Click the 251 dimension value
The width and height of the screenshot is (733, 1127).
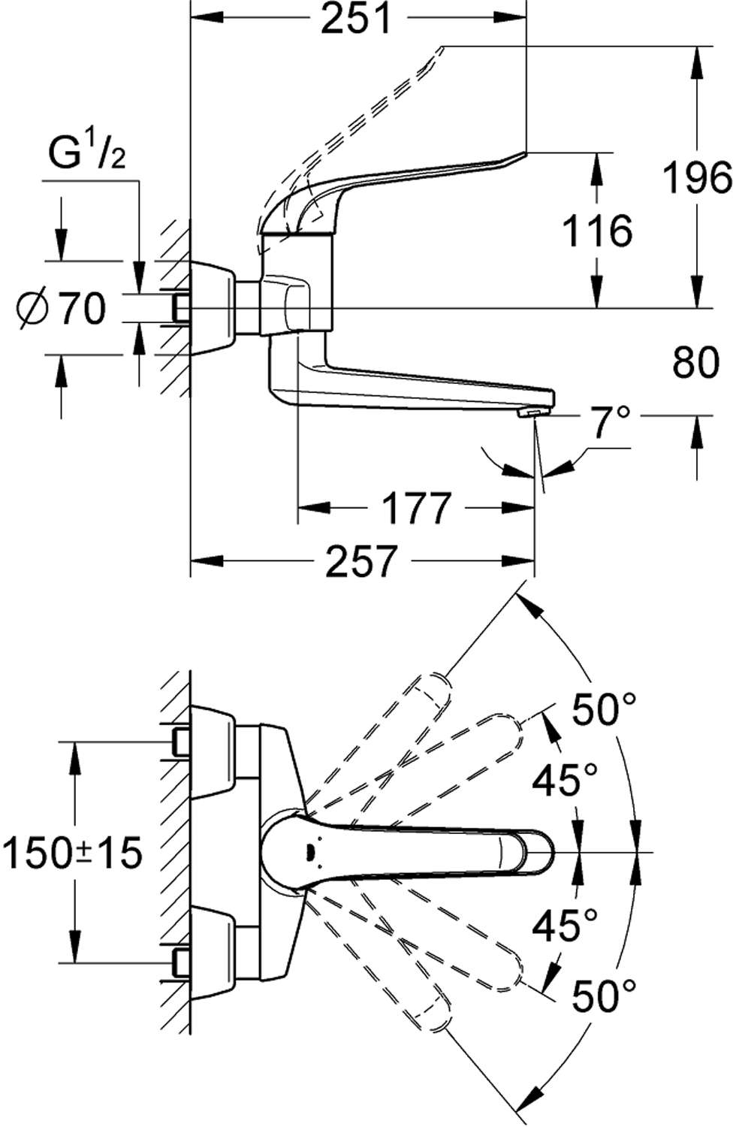tap(357, 20)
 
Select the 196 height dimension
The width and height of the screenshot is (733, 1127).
tap(696, 179)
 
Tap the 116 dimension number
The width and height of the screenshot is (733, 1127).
tap(598, 231)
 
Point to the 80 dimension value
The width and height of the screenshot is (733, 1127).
tap(696, 363)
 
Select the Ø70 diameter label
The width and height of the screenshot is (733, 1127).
tap(62, 308)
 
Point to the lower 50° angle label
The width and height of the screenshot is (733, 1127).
tap(604, 997)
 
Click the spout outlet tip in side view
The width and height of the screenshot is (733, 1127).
tap(533, 414)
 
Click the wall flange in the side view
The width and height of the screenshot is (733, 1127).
tap(214, 308)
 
